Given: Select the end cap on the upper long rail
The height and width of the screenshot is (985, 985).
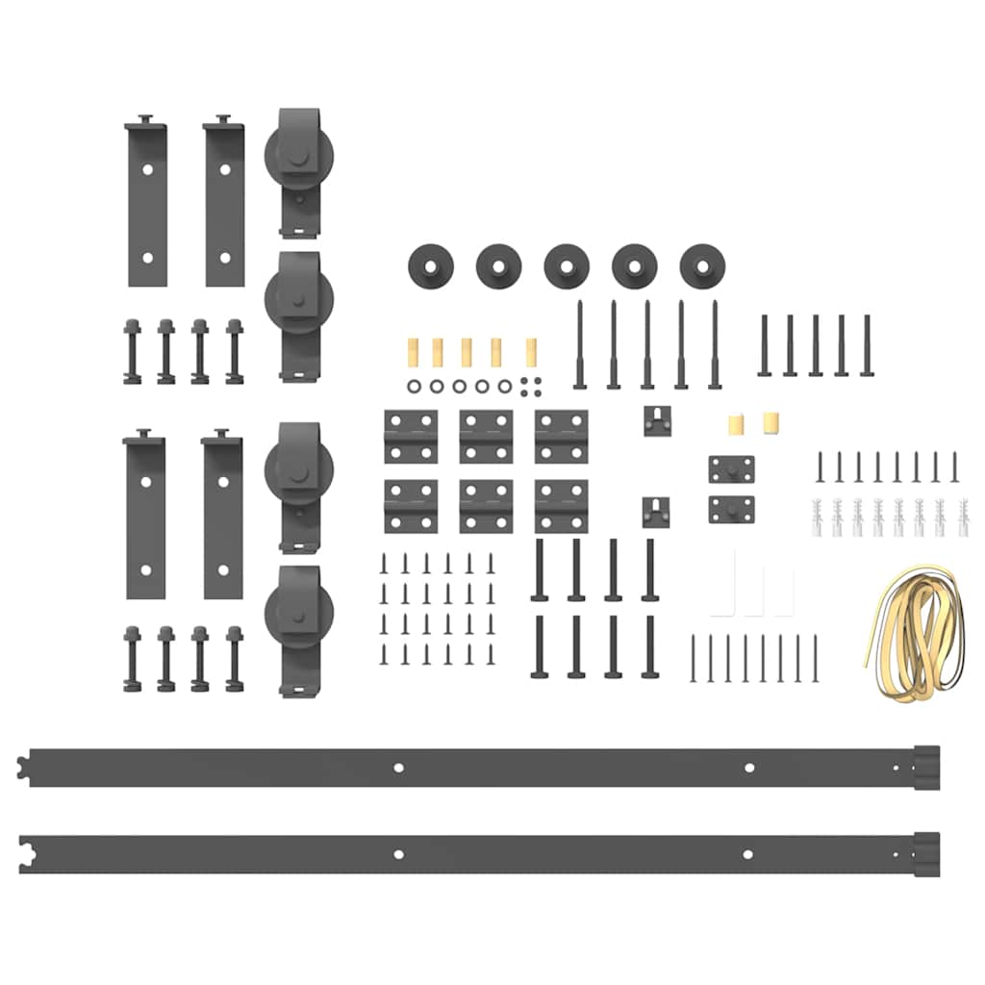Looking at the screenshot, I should pos(925,767).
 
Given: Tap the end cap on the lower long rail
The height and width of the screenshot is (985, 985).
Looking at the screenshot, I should pos(925,854).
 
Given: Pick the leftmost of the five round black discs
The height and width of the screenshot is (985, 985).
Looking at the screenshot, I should pos(430,265).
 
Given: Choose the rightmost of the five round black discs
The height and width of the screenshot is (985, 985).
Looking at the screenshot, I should pos(702,265).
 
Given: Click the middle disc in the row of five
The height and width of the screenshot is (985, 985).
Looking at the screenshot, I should pos(567,265).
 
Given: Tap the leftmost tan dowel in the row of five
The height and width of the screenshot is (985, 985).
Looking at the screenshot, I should pos(407,353).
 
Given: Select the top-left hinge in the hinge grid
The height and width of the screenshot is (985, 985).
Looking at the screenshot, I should pos(411,437).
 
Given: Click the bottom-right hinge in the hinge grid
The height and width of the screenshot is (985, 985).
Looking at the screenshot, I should pos(561,506).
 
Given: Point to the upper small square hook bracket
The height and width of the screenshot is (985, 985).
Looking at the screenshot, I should pos(656,420).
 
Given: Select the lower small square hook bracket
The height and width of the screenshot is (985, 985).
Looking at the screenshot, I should pos(656,511).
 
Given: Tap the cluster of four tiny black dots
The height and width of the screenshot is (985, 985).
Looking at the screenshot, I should pos(529,385).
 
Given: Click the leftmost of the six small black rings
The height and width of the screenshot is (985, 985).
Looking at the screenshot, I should pos(414,386).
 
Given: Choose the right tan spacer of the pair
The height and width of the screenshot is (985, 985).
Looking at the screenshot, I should pos(770,422).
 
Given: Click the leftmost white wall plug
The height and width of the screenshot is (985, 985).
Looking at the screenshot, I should pos(818,517).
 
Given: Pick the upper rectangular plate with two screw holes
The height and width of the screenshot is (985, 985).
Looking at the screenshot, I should pos(732,469).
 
